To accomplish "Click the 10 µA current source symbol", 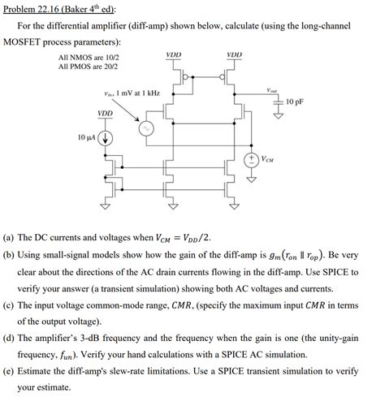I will tap(106, 137).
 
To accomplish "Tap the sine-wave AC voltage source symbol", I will tap(148, 128).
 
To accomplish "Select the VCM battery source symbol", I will tap(252, 158).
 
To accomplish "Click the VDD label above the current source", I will tap(106, 113).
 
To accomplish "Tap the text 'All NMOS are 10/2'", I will tap(89, 58).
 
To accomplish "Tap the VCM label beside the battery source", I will tap(268, 159).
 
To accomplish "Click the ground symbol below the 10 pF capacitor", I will tap(279, 114).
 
